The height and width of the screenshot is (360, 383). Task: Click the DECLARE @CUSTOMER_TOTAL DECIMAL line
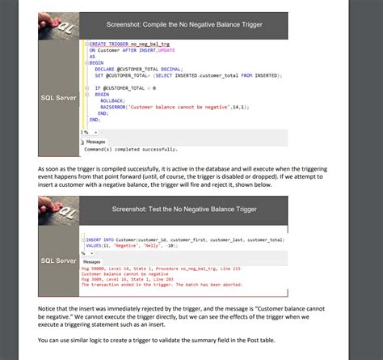(x=145, y=68)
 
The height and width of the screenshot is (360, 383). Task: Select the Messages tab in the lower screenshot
(x=92, y=261)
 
